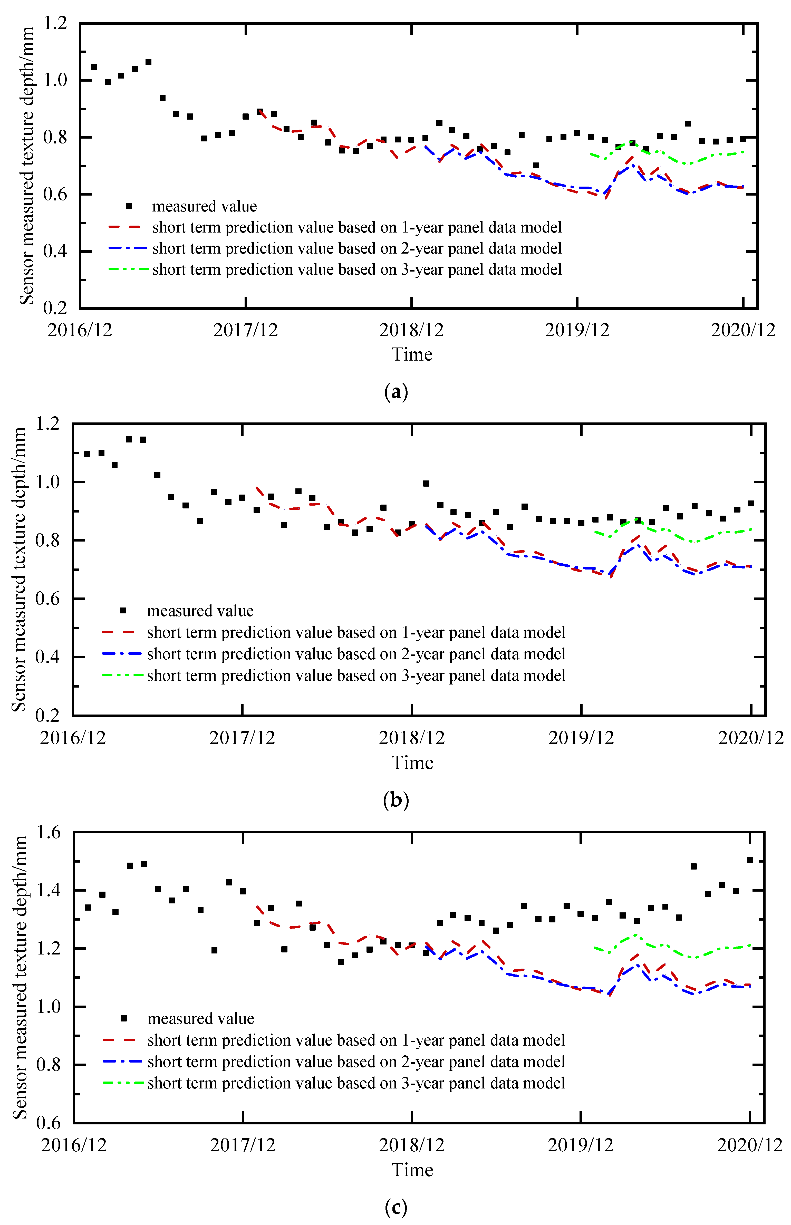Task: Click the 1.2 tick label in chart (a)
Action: (x=55, y=23)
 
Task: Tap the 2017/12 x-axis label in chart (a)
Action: (x=246, y=330)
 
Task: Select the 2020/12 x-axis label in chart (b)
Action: (x=750, y=738)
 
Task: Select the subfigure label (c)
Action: (x=395, y=1207)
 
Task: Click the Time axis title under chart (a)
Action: (x=412, y=354)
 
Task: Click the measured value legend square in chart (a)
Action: (x=129, y=206)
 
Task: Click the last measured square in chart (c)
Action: (x=750, y=860)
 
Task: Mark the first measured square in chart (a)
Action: (x=94, y=67)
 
